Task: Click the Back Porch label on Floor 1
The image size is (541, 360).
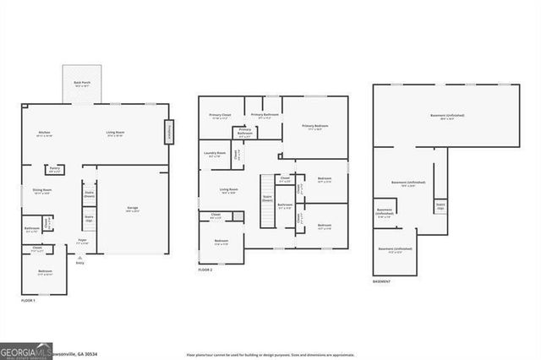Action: coord(82,84)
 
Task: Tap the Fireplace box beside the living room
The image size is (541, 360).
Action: coord(169,132)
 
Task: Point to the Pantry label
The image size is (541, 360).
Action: coord(54,169)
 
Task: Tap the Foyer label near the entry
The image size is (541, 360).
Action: coord(83,241)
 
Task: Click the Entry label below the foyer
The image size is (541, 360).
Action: coord(81,263)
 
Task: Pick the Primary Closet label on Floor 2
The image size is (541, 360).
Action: coord(220,116)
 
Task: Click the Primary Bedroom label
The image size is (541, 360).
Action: coord(314,127)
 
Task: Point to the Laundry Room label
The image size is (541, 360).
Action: coord(215,154)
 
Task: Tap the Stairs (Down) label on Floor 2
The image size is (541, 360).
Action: coord(267,197)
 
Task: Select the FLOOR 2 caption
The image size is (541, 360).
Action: coord(206,270)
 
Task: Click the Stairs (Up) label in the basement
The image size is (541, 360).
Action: coord(440,205)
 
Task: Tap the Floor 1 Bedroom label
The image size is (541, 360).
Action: coord(46,272)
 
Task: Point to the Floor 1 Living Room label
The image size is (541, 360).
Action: coord(116,134)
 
